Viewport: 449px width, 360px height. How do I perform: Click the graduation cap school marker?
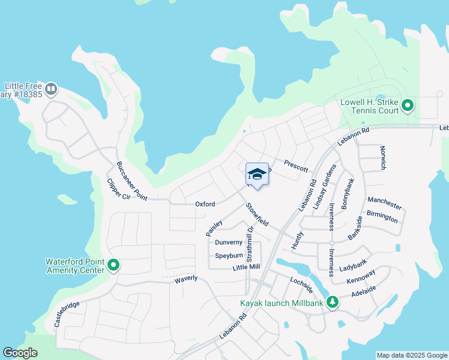pos(257,174)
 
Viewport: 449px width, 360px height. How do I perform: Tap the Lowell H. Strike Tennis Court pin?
pos(408,106)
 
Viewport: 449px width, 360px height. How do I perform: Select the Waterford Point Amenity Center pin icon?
pos(112,265)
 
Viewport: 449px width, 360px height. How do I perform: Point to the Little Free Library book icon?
pos(51,89)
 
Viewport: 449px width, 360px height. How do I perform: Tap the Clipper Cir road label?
pos(118,189)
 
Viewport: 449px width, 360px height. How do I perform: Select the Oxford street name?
pos(205,204)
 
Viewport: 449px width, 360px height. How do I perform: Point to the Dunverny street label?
pos(229,242)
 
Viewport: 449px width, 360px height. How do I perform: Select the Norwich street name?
pos(382,157)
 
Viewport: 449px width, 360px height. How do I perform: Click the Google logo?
pos(20,353)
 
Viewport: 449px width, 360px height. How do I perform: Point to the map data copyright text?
pos(411,355)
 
